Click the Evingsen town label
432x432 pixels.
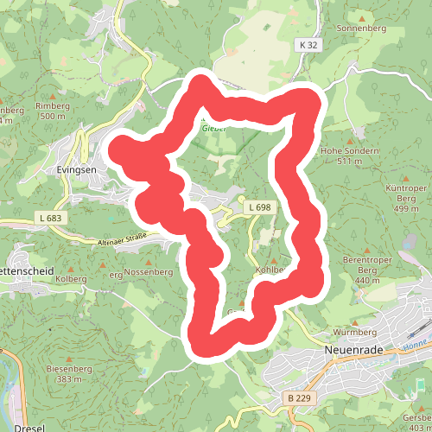click(x=77, y=170)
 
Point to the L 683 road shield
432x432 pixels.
click(x=50, y=219)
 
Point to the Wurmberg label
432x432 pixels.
click(x=355, y=332)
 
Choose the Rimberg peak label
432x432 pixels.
click(x=51, y=106)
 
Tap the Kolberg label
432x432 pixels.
click(x=72, y=279)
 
